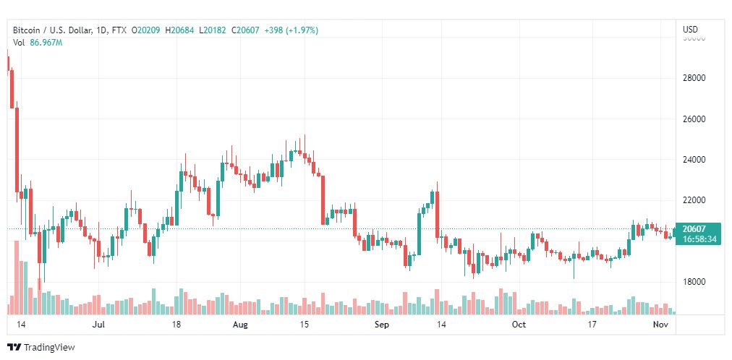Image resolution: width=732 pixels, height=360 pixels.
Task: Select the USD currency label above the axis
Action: (690, 30)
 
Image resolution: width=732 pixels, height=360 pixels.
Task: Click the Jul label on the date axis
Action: (100, 325)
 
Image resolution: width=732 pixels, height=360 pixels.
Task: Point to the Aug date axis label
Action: (241, 325)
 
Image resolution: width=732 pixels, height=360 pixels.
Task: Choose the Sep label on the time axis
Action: (382, 325)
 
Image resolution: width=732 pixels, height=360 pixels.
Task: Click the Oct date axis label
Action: (518, 325)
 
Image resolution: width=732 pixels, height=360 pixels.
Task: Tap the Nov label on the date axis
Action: (659, 325)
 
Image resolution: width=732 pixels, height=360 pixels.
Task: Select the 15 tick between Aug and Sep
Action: (305, 325)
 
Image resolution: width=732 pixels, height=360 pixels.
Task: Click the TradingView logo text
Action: (49, 348)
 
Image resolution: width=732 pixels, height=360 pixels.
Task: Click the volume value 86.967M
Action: (46, 43)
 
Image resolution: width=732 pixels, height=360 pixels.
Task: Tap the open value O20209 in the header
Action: (147, 30)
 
